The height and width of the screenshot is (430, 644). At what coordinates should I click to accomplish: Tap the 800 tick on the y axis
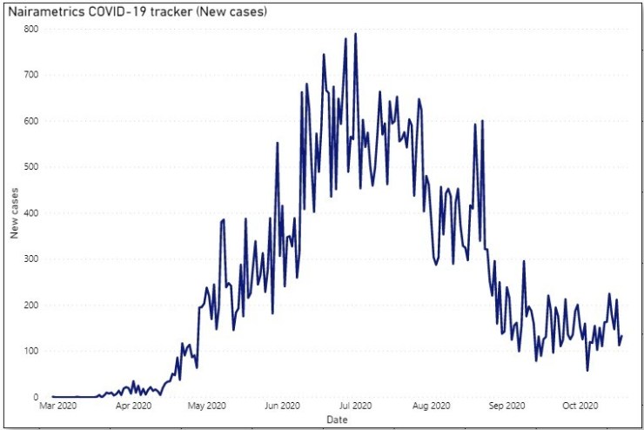click(x=32, y=29)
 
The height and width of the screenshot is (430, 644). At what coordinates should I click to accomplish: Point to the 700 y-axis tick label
click(x=32, y=75)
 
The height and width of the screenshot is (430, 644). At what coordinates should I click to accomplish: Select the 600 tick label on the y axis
click(x=32, y=121)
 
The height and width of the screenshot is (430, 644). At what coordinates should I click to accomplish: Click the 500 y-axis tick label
click(x=32, y=167)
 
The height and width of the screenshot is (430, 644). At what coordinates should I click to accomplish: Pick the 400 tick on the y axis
click(x=32, y=213)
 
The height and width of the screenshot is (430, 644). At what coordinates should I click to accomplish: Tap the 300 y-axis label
click(x=32, y=259)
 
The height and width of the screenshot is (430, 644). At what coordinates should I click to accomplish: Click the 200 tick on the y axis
click(x=32, y=306)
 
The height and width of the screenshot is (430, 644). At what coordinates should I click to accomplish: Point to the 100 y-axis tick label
click(x=32, y=352)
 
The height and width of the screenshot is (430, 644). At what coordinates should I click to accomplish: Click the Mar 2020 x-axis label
click(x=58, y=406)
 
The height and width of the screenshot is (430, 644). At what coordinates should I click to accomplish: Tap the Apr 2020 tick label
click(x=134, y=406)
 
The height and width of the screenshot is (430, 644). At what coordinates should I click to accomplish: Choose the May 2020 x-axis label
click(x=208, y=406)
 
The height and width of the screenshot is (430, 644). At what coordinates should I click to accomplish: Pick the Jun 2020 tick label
click(x=283, y=406)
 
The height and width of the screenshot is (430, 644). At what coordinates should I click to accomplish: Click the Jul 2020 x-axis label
click(x=356, y=406)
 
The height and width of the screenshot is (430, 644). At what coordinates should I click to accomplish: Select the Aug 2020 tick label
click(x=431, y=406)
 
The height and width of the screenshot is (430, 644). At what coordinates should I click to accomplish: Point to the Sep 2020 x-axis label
click(x=506, y=406)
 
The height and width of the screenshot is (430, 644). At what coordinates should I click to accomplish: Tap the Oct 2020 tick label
click(x=580, y=406)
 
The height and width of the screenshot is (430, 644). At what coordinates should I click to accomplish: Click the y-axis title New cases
click(x=14, y=213)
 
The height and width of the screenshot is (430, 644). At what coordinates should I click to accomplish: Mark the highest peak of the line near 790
click(x=355, y=34)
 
